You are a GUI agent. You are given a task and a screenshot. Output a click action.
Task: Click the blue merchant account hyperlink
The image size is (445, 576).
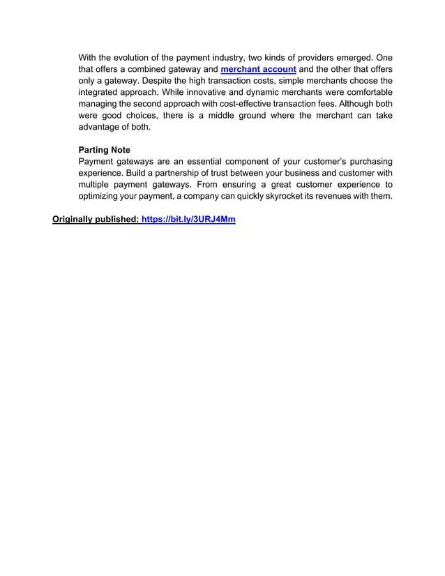point(258,69)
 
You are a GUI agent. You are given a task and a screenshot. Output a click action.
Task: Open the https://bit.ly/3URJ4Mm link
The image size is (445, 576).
point(188,220)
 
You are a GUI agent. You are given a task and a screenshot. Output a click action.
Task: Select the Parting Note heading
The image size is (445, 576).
point(104,150)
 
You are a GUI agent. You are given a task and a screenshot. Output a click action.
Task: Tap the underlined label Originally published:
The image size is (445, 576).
point(96,220)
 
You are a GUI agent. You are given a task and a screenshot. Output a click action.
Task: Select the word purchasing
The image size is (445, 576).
point(365,162)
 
